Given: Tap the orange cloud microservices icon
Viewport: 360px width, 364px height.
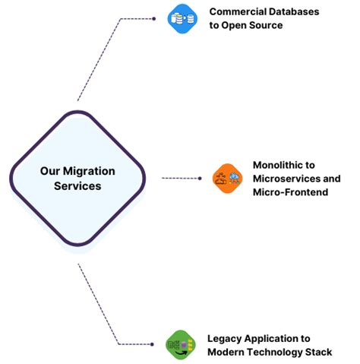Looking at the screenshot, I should [226, 178].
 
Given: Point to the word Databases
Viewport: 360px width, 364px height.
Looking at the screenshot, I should [298, 12].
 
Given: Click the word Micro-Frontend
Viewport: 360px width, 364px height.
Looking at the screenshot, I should [292, 192].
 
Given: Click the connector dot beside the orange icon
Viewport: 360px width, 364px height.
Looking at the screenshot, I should [200, 178].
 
